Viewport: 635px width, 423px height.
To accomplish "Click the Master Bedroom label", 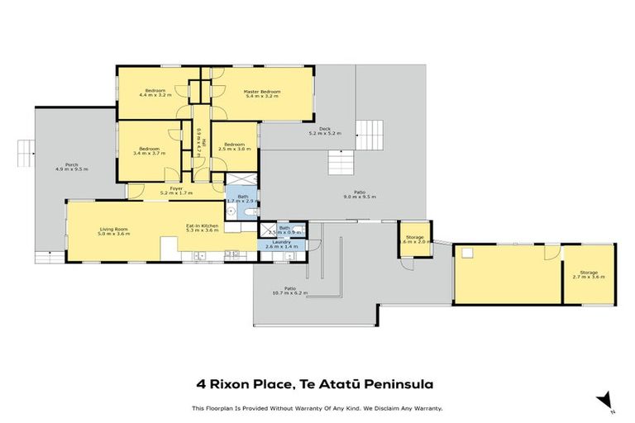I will [262, 91].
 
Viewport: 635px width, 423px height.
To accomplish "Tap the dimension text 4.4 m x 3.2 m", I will [155, 96].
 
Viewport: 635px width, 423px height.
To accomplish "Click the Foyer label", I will [176, 188].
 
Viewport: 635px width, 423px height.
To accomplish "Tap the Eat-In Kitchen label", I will [202, 225].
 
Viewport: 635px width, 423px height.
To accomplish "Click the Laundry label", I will [282, 241].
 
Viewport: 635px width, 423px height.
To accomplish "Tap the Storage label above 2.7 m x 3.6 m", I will [589, 272].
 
